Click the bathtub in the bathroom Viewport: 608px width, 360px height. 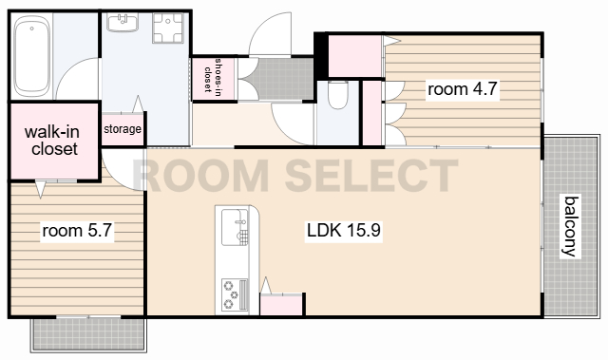pyautogui.click(x=32, y=57)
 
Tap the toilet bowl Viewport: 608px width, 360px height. pyautogui.click(x=337, y=95)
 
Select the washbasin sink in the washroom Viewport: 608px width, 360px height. pyautogui.click(x=123, y=22)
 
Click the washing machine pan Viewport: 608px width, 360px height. pyautogui.click(x=167, y=28)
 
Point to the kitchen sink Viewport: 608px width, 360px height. pyautogui.click(x=235, y=227)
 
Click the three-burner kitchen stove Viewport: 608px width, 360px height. pyautogui.click(x=235, y=294)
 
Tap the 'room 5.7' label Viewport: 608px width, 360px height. pyautogui.click(x=77, y=231)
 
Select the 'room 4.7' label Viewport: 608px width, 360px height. pyautogui.click(x=463, y=89)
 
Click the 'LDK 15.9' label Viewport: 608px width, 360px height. pyautogui.click(x=344, y=231)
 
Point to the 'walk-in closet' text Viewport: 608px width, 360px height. pyautogui.click(x=52, y=141)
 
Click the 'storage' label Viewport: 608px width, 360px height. pyautogui.click(x=123, y=128)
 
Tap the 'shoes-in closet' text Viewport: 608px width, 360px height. pyautogui.click(x=213, y=76)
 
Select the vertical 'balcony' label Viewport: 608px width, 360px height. pyautogui.click(x=571, y=226)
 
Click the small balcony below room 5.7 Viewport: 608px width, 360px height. pyautogui.click(x=88, y=334)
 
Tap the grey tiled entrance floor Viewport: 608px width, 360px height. pyautogui.click(x=279, y=79)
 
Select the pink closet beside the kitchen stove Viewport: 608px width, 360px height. pyautogui.click(x=281, y=305)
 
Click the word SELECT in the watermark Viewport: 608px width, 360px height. pyautogui.click(x=371, y=176)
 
